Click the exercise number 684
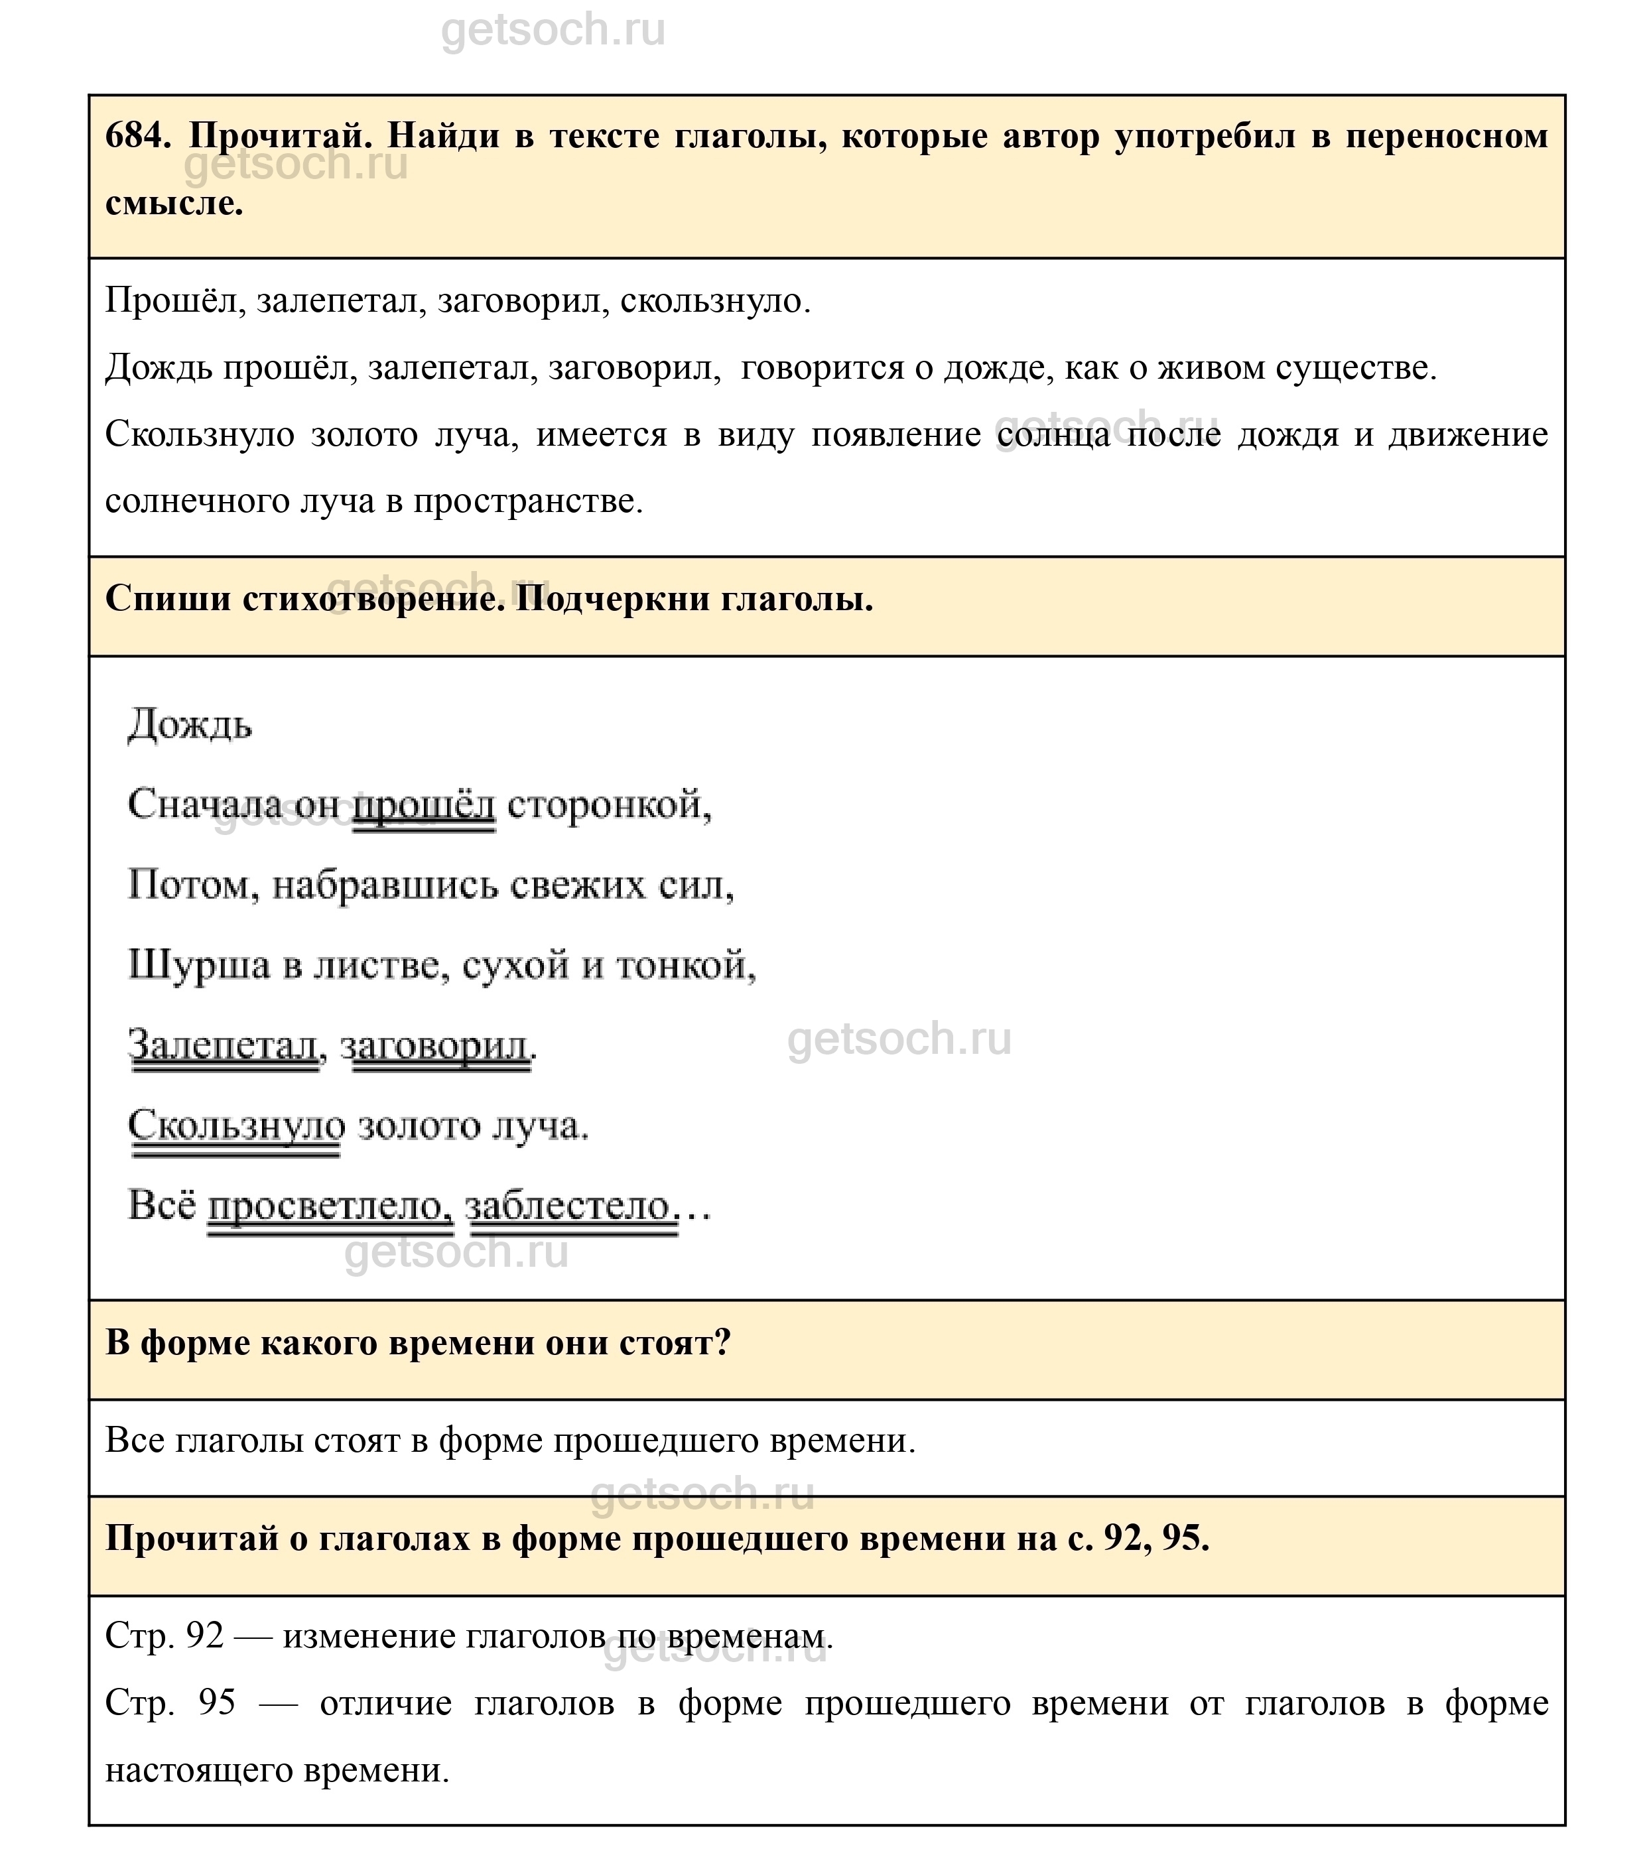pos(137,137)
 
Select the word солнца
pos(1053,435)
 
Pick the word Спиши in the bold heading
pos(168,599)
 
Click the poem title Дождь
pos(190,726)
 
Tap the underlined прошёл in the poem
pos(424,804)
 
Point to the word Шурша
pos(200,965)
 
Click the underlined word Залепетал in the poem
pos(224,1045)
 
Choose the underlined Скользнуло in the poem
pos(236,1125)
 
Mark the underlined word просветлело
pos(330,1206)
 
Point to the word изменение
pos(367,1637)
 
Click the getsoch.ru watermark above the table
pos(553,30)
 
